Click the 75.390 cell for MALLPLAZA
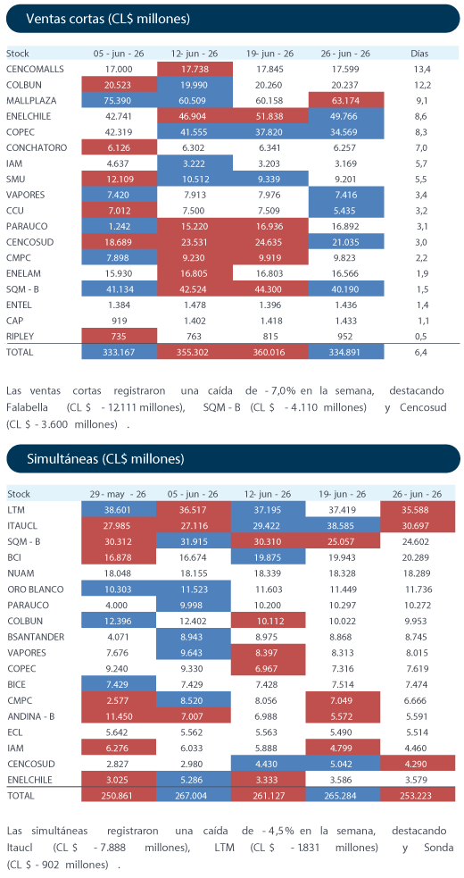click(120, 101)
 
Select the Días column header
click(419, 54)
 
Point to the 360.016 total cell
click(269, 352)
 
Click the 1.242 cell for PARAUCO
click(120, 226)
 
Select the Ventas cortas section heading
click(108, 19)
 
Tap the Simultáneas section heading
click(105, 459)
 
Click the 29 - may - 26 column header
click(118, 495)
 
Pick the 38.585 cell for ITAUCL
click(343, 526)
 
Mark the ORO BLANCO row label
click(35, 590)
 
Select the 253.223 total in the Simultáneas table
click(418, 796)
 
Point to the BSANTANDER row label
click(36, 636)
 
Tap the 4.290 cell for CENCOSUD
click(418, 762)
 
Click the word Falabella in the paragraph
click(28, 407)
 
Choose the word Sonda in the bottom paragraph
click(439, 848)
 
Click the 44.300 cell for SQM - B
click(269, 288)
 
